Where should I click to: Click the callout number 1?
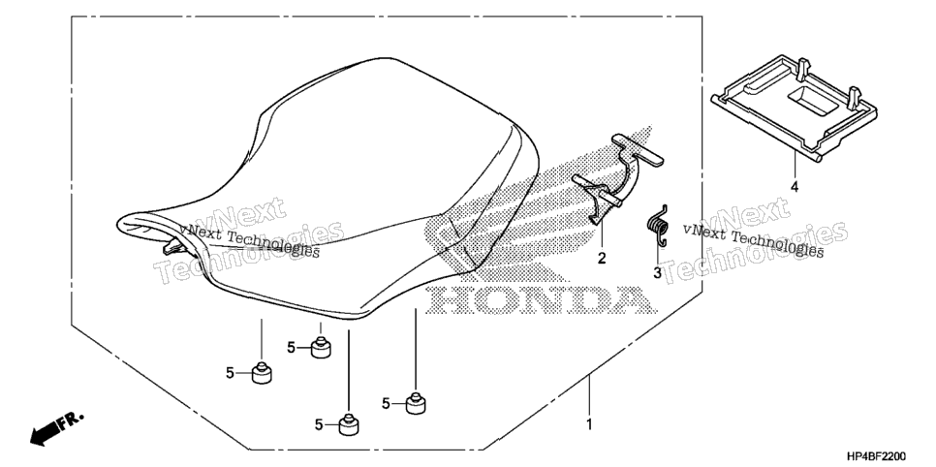tap(589, 425)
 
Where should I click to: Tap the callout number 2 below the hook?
tap(602, 258)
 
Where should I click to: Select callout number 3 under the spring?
tap(657, 273)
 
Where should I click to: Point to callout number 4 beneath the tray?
tap(795, 187)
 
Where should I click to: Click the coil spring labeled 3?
tap(658, 225)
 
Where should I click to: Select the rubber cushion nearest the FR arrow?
tap(262, 373)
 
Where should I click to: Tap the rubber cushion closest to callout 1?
tap(416, 403)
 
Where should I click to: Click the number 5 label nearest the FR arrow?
tap(230, 373)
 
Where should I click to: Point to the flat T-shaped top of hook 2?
tap(638, 149)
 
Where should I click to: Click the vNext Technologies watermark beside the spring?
tap(754, 240)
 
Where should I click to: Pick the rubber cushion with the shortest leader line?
tap(321, 348)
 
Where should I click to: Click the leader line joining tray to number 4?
tap(795, 165)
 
